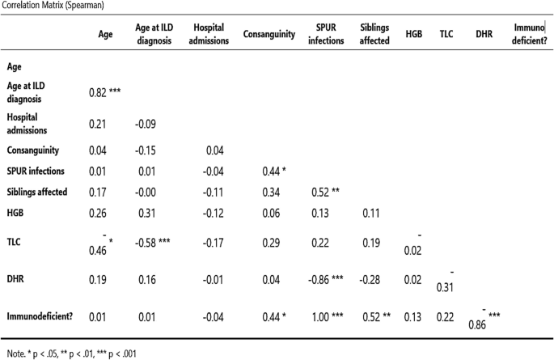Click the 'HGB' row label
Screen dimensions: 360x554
[17, 213]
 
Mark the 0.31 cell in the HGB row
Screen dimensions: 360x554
[142, 213]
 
